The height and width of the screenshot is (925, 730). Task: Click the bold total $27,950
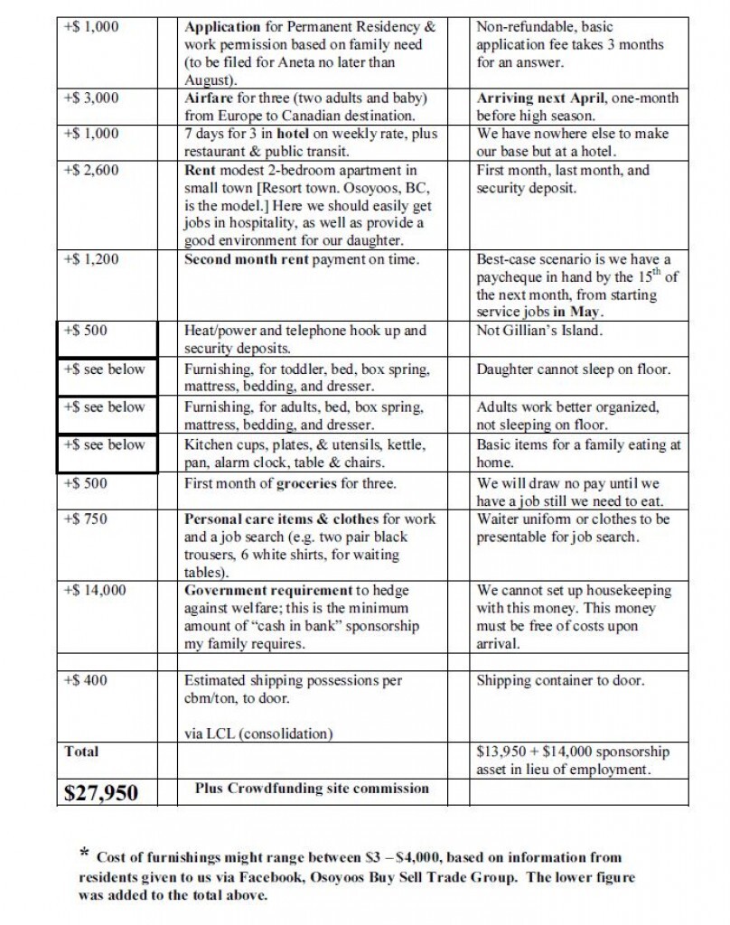[x=101, y=793]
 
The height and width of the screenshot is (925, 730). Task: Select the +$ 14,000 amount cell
[x=95, y=591]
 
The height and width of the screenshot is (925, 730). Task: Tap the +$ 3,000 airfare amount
[x=91, y=98]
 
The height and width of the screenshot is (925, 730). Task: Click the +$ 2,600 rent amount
[x=91, y=170]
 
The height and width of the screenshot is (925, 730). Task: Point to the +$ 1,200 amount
[x=91, y=259]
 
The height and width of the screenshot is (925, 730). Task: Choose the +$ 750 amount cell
[x=87, y=519]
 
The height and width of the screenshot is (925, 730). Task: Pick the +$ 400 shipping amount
[x=87, y=680]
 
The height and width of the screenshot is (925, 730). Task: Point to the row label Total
[x=81, y=752]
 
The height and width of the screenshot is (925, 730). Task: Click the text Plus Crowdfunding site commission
[x=312, y=789]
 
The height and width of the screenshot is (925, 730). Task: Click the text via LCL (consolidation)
[x=258, y=733]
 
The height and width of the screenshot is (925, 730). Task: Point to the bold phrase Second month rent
[x=247, y=259]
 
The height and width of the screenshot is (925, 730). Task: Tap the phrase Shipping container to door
[x=560, y=680]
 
